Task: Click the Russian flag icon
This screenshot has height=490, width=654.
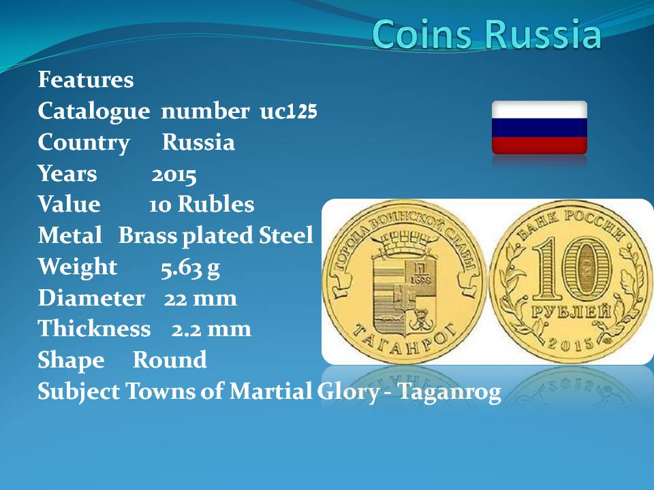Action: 540,127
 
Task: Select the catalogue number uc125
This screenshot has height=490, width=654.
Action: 289,111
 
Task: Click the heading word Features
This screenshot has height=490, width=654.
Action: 86,80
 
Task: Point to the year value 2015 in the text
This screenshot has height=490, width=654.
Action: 174,176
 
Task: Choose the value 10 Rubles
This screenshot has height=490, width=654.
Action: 202,205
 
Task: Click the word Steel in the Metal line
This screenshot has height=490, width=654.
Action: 285,235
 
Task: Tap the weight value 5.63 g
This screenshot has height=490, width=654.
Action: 190,268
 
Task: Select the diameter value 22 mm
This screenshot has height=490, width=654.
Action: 200,298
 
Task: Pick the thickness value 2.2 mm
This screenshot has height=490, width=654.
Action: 211,329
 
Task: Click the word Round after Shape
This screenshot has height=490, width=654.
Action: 170,359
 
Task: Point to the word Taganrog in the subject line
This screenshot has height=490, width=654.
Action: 449,393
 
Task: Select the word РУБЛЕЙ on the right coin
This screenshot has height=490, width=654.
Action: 571,312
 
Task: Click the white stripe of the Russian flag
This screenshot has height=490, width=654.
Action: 540,110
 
